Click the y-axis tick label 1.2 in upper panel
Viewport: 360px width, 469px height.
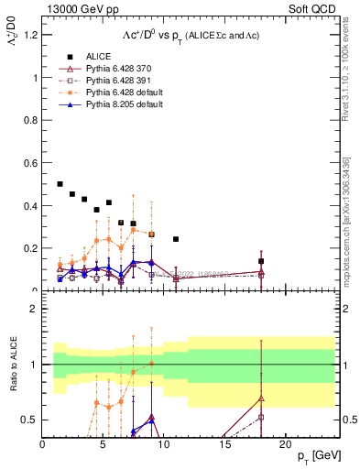coord(30,35)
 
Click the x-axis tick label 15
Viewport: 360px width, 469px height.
coord(224,444)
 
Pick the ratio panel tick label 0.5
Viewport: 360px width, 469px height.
coord(30,420)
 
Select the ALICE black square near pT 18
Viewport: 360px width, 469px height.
coord(261,261)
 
